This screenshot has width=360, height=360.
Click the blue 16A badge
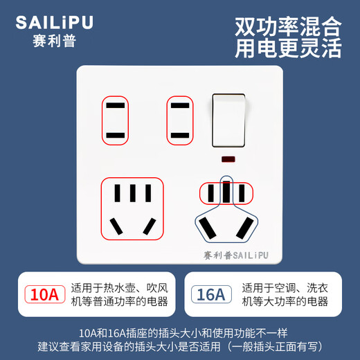(210, 294)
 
